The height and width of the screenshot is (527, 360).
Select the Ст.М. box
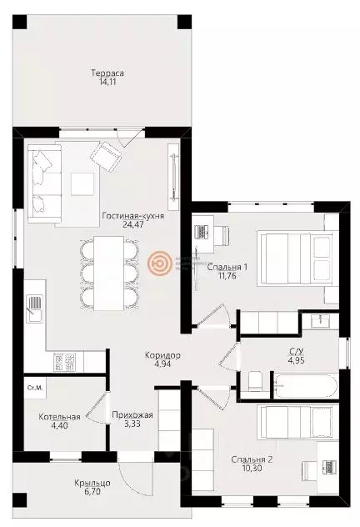point(35,387)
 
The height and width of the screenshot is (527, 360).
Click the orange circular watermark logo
point(161,263)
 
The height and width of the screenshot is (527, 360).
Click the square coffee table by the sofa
point(82,183)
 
